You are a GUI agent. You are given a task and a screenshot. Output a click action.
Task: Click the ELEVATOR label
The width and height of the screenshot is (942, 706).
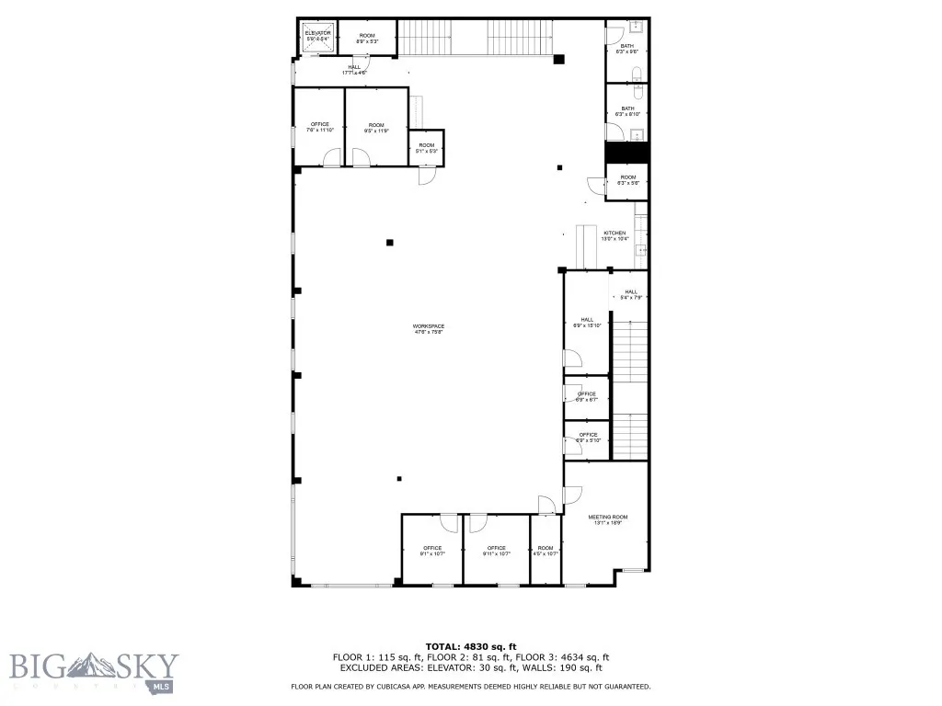(x=317, y=33)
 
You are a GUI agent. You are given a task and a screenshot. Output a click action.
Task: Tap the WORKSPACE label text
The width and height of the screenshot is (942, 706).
(x=429, y=327)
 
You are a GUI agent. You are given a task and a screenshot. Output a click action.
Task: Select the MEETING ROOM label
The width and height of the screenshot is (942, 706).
(x=607, y=518)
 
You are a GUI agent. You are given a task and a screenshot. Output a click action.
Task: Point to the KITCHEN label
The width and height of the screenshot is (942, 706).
(x=615, y=233)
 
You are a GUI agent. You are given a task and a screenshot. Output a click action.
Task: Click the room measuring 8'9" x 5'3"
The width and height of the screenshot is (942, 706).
(x=367, y=37)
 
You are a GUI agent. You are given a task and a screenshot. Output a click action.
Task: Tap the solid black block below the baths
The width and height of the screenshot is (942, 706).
(x=626, y=153)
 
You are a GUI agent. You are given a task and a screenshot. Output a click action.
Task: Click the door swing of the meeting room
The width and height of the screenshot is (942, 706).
(x=547, y=504)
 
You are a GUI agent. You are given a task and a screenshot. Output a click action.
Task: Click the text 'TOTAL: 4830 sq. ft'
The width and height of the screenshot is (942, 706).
(x=470, y=646)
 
